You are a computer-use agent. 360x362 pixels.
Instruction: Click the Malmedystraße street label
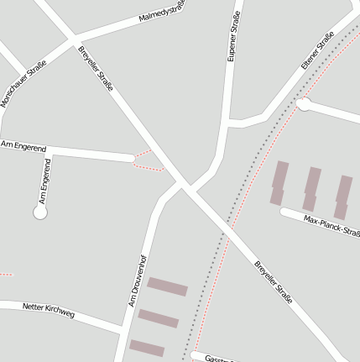click(162, 13)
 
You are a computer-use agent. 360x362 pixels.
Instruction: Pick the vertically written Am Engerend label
click(45, 181)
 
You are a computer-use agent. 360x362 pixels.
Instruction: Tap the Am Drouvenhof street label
click(138, 280)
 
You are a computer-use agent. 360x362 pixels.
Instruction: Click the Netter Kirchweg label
click(49, 310)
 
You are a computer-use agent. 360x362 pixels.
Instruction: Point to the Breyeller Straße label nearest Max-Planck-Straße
click(273, 281)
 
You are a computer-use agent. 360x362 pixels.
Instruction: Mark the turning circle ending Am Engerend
click(39, 213)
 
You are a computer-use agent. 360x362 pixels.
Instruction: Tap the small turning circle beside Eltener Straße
click(303, 104)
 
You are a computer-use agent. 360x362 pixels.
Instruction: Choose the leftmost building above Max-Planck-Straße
click(279, 183)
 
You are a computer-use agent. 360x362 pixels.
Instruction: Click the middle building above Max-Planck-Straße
click(311, 188)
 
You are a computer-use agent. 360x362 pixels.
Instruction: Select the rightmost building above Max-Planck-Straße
click(343, 197)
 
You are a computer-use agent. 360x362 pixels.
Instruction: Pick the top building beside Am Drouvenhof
click(167, 286)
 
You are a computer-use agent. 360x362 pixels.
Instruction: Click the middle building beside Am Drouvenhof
click(158, 318)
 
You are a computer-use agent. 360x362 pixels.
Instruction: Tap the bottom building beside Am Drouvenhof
click(147, 348)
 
